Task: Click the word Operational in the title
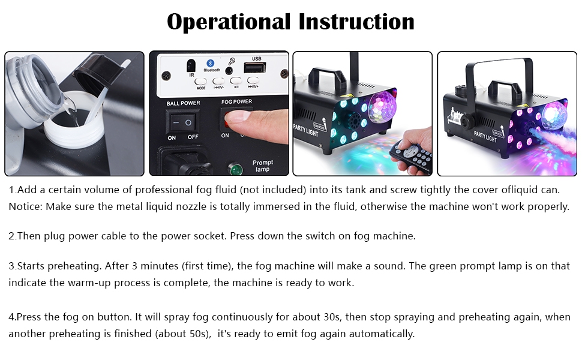(x=228, y=22)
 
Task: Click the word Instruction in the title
(x=356, y=22)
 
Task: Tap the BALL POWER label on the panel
(x=183, y=103)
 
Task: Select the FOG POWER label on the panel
(x=236, y=102)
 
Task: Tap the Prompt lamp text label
(x=263, y=166)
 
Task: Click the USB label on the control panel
(x=257, y=59)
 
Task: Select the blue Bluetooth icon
(x=210, y=63)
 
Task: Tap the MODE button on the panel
(x=200, y=82)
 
